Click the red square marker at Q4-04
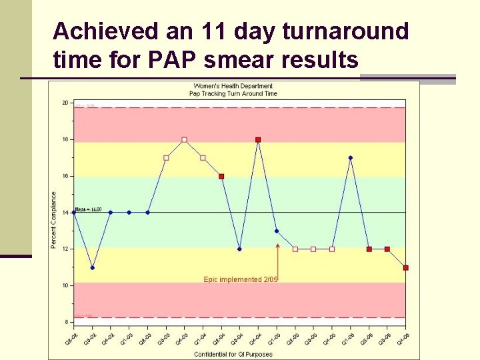click(x=258, y=140)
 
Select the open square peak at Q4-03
click(x=184, y=140)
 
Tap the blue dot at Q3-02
click(x=92, y=267)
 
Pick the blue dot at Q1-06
click(x=350, y=158)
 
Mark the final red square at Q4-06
click(x=405, y=267)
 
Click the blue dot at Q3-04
click(x=239, y=249)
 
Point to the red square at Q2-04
click(x=221, y=176)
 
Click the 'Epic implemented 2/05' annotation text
click(x=240, y=279)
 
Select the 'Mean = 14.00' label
click(x=88, y=209)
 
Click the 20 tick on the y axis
click(x=65, y=103)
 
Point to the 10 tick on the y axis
click(x=65, y=285)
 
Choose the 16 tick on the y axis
click(x=65, y=176)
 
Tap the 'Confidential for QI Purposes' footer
click(x=233, y=354)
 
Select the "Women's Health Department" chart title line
click(x=233, y=86)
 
